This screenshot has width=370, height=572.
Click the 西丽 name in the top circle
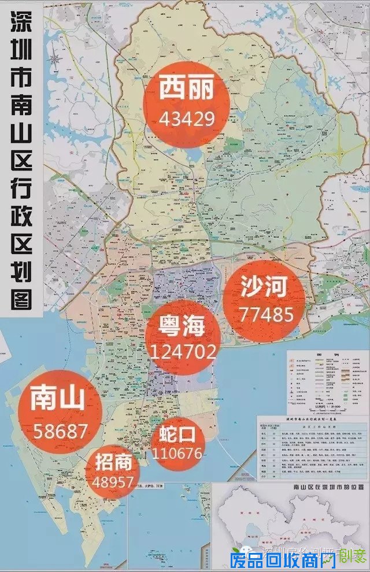[187, 90]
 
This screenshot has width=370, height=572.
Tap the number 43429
[187, 119]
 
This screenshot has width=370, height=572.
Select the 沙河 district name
[264, 287]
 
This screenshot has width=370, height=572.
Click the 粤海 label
[182, 325]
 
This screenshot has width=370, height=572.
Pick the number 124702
[183, 351]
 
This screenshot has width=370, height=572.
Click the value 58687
[60, 430]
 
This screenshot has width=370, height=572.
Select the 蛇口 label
[177, 433]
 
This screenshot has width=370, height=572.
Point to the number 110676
[177, 452]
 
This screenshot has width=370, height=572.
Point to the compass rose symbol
[55, 58]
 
